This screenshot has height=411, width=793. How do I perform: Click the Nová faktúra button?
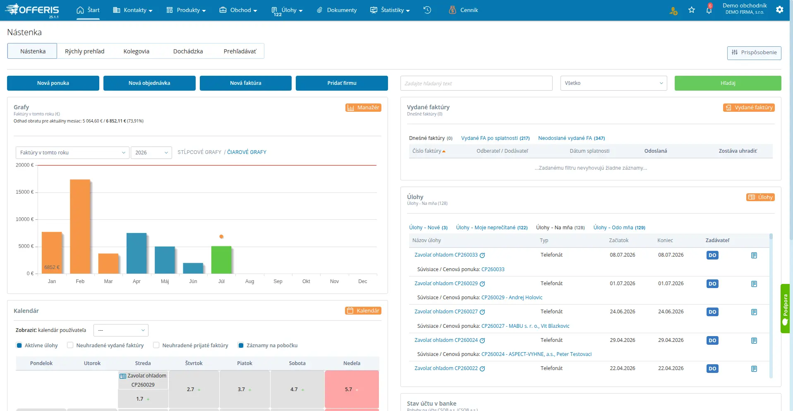(245, 83)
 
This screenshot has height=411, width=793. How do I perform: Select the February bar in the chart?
(80, 226)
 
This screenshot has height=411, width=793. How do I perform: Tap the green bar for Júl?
(221, 260)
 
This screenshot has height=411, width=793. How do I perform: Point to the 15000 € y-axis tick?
(25, 192)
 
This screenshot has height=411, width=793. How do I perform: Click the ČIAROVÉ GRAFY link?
(247, 152)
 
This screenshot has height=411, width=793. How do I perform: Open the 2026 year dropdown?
(151, 153)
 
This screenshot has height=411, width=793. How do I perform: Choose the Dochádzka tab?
(188, 51)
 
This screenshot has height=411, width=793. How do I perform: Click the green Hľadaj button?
(728, 83)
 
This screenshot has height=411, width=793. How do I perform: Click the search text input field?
(476, 83)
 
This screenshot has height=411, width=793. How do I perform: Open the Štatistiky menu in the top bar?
(390, 10)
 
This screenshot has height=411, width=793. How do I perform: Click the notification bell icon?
(709, 10)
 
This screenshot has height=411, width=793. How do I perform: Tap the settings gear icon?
(780, 10)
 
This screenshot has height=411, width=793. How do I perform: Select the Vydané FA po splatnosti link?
(495, 138)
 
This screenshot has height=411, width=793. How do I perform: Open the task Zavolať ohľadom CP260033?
(446, 255)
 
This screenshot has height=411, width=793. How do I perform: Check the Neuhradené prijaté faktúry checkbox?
(156, 345)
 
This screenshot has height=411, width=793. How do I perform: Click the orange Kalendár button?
(363, 311)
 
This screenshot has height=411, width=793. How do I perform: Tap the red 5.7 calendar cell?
(352, 389)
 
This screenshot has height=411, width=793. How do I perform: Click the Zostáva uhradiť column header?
(738, 151)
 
